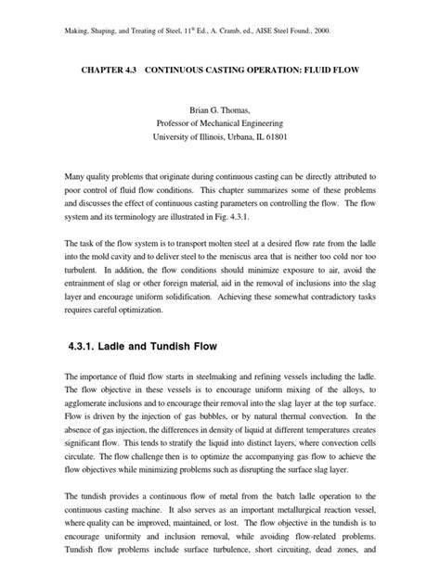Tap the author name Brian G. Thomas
coord(220,109)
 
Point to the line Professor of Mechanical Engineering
coord(220,124)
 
